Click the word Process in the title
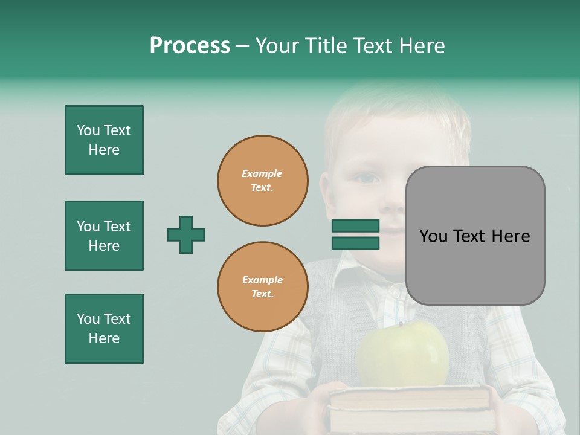[190, 46]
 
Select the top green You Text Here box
[104, 140]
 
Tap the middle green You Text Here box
[104, 236]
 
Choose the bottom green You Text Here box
[104, 329]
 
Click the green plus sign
[186, 234]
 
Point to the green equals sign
[355, 234]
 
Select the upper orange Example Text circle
[263, 180]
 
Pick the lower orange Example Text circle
[263, 287]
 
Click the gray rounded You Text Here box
[475, 236]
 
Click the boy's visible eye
[366, 178]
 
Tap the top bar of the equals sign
[355, 226]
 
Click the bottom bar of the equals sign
[355, 243]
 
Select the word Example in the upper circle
[262, 173]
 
